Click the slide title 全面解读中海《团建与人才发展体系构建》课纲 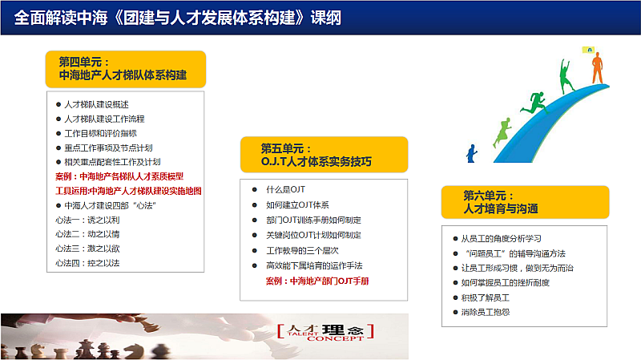177,18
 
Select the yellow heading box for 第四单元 126,69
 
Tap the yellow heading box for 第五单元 324,155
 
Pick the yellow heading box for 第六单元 525,202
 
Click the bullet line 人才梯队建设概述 96,105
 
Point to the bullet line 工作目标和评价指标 101,133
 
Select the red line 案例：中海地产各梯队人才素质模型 119,176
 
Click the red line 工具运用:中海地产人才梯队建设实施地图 128,191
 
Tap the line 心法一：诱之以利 87,220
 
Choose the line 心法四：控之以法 87,263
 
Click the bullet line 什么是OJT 286,189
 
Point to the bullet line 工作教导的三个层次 302,250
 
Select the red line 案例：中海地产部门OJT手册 317,281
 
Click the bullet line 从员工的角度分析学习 502,238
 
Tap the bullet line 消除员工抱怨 486,312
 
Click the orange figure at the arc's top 597,68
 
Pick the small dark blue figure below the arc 472,154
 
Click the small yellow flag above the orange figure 589,50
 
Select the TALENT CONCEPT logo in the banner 326,332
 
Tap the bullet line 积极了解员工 486,297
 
